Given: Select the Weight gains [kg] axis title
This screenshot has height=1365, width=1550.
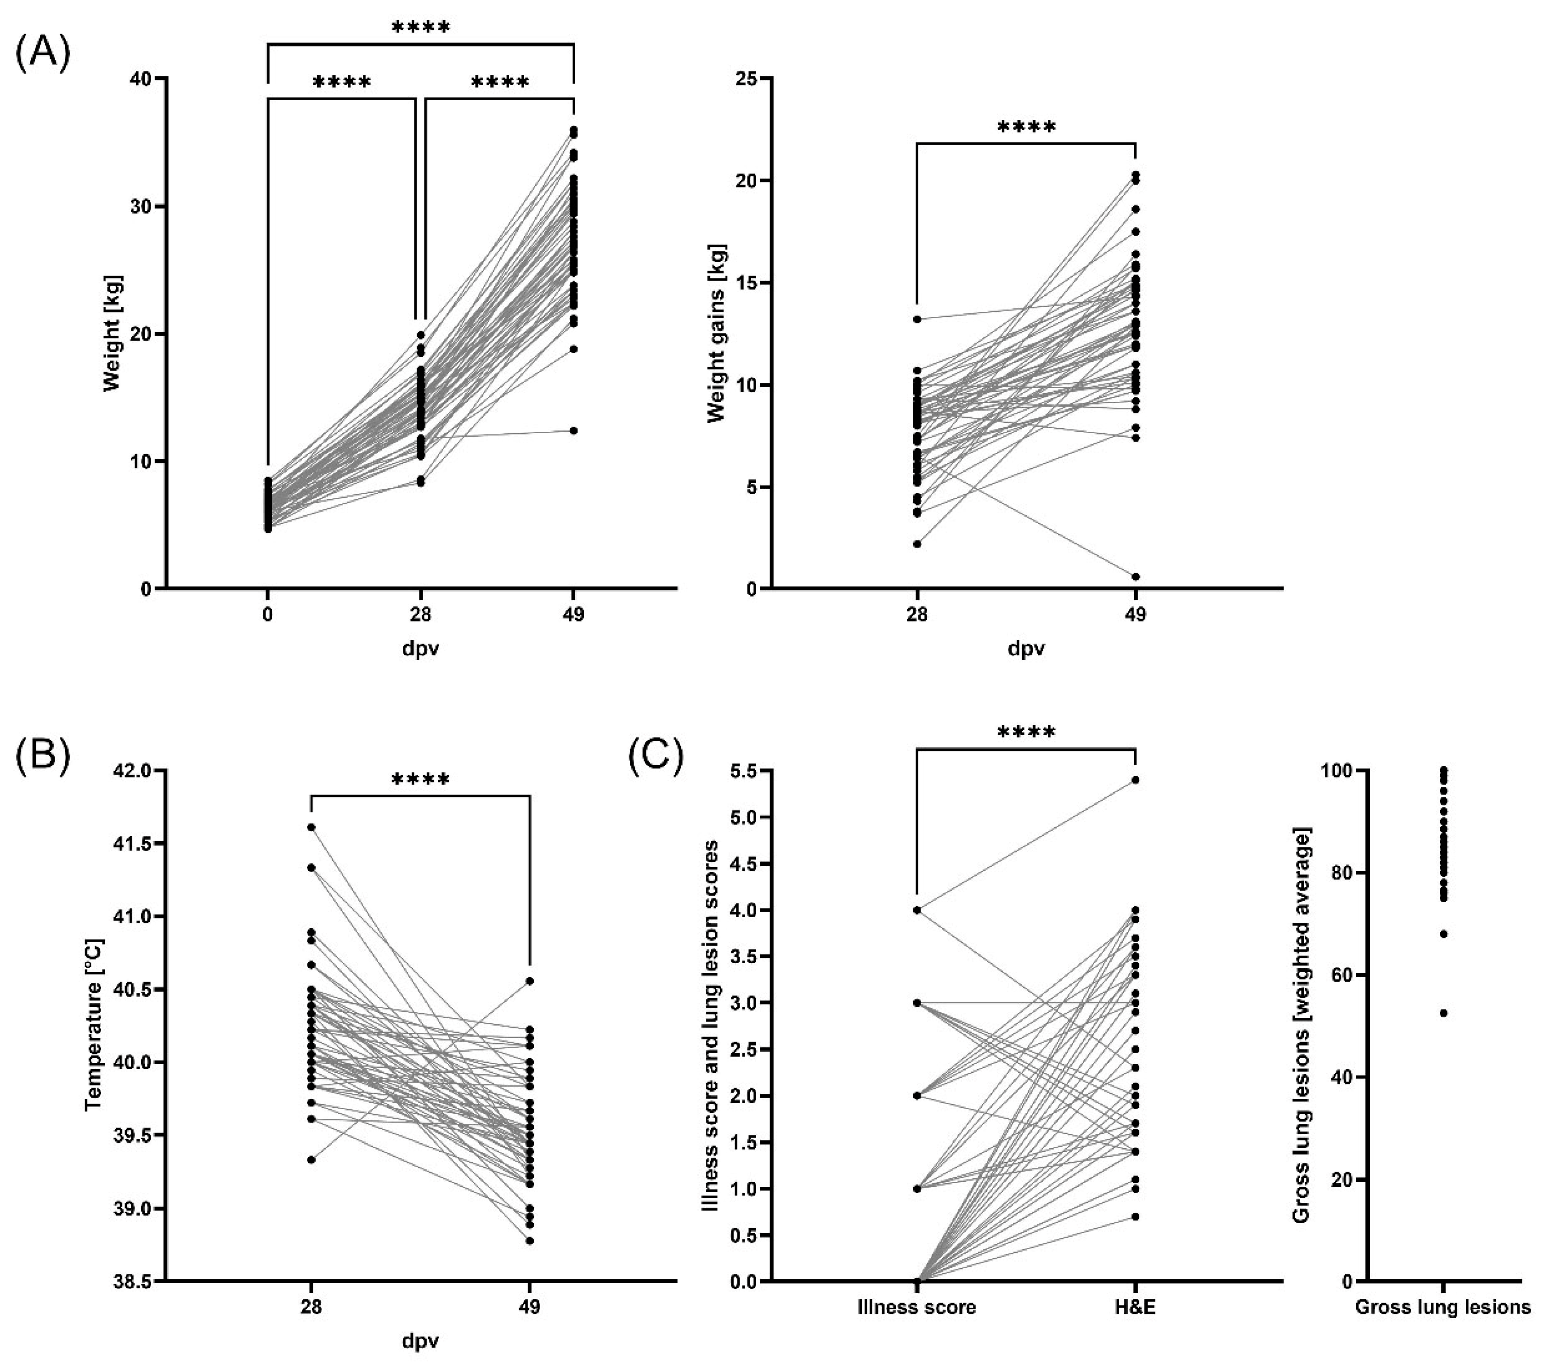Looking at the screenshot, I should tap(715, 333).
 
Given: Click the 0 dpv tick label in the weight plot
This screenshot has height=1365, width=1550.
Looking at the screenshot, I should tap(268, 614).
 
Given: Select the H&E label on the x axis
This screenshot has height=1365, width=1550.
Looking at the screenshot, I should tap(1135, 1308).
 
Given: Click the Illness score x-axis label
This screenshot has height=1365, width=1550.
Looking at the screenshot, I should tap(917, 1308).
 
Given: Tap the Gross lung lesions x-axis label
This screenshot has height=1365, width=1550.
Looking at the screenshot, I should tap(1443, 1308).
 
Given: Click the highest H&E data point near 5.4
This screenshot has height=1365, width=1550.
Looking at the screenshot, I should tap(1135, 779).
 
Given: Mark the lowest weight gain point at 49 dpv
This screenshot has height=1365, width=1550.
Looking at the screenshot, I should tap(1135, 576).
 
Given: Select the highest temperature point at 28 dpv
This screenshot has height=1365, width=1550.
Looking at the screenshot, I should tap(311, 827).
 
